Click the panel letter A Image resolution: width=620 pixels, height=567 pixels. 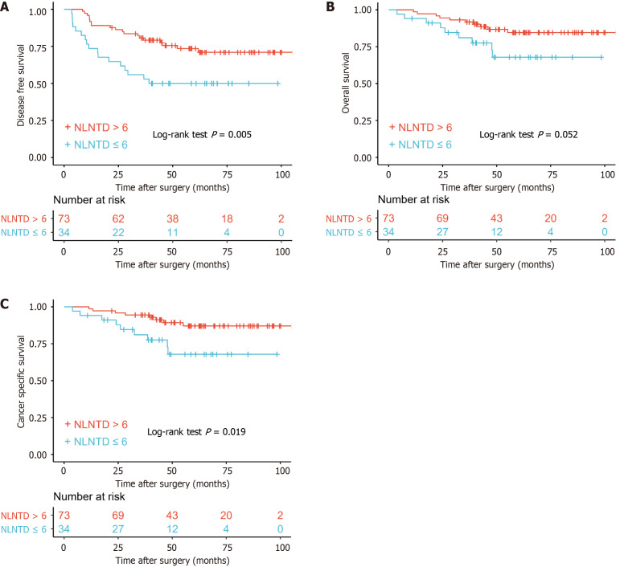7,6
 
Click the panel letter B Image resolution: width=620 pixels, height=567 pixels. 330,6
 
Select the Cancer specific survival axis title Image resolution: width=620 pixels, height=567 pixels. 18,380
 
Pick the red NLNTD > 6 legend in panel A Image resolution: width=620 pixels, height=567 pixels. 96,127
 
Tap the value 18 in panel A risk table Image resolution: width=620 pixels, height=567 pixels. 228,219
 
